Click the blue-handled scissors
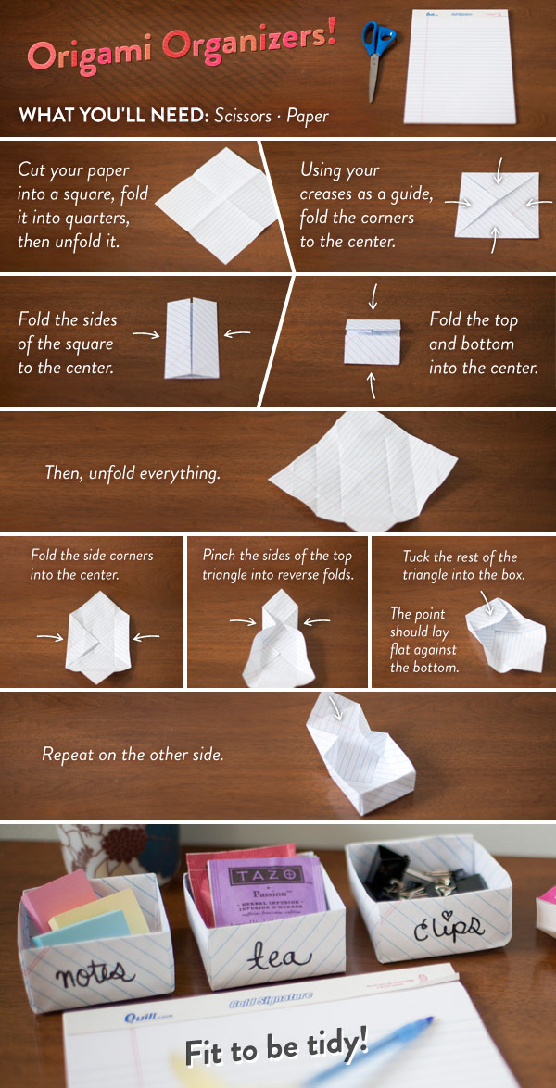click(377, 56)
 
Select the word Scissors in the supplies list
click(242, 115)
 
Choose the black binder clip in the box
click(388, 869)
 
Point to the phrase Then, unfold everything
click(133, 474)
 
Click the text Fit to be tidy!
click(276, 1044)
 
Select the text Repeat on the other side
click(133, 755)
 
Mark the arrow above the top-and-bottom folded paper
click(373, 297)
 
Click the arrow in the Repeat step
click(335, 708)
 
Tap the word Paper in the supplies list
click(307, 116)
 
